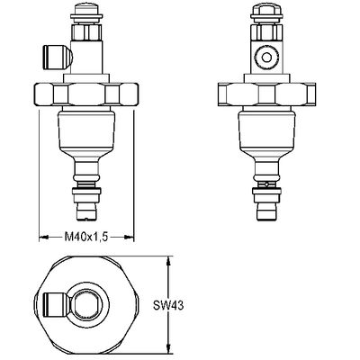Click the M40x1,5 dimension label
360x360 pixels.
click(x=86, y=237)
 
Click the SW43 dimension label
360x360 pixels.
click(x=168, y=306)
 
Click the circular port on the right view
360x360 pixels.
click(x=266, y=57)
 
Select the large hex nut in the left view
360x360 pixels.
click(x=86, y=94)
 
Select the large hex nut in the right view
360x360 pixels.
click(x=266, y=94)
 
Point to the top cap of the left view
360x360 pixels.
click(x=86, y=11)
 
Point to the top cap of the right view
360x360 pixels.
click(x=266, y=12)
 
